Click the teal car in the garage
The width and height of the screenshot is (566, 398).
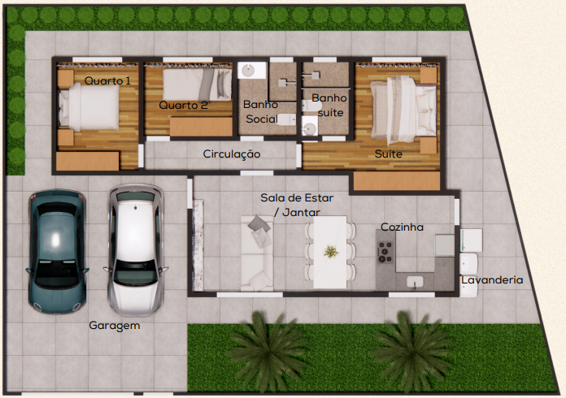pyautogui.click(x=57, y=252)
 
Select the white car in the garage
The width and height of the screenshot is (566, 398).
pyautogui.click(x=136, y=250)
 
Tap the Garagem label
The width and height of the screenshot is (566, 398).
pyautogui.click(x=115, y=326)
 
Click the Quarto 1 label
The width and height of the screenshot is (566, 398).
pyautogui.click(x=107, y=80)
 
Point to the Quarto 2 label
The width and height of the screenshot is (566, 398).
pyautogui.click(x=183, y=106)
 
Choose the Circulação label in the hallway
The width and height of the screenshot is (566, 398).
pyautogui.click(x=232, y=154)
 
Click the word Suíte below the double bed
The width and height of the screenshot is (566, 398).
pyautogui.click(x=389, y=154)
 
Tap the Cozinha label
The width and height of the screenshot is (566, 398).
pyautogui.click(x=402, y=227)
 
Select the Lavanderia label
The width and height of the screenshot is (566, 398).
pyautogui.click(x=492, y=280)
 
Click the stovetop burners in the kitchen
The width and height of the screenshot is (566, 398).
pyautogui.click(x=385, y=251)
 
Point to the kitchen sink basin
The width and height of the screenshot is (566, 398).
pyautogui.click(x=415, y=282)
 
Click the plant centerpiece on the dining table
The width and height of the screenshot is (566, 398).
pyautogui.click(x=331, y=251)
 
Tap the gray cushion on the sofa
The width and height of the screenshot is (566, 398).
pyautogui.click(x=259, y=223)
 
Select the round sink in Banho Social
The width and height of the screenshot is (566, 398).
pyautogui.click(x=248, y=71)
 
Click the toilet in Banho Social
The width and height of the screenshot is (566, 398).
pyautogui.click(x=286, y=119)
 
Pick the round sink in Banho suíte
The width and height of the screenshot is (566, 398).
pyautogui.click(x=309, y=128)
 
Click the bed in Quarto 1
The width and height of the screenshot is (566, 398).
pyautogui.click(x=89, y=107)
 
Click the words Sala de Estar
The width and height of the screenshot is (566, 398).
pyautogui.click(x=297, y=198)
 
